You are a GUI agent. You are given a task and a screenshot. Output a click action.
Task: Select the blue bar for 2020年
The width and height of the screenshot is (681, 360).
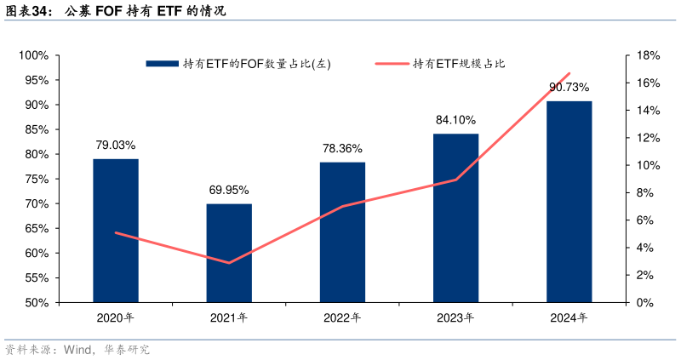tap(116, 230)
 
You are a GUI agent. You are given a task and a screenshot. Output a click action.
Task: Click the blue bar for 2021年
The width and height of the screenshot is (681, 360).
tap(229, 253)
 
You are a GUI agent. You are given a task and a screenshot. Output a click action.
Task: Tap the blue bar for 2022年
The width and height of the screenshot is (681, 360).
tap(342, 231)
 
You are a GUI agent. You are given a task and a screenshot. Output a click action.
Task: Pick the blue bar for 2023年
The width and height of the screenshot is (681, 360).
tap(456, 218)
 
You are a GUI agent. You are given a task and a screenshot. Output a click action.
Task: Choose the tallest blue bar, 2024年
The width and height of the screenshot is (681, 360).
tap(569, 202)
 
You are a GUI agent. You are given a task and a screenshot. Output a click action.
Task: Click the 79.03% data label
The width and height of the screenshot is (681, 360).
tap(116, 146)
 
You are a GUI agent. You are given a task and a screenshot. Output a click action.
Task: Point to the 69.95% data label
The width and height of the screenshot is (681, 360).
tap(229, 190)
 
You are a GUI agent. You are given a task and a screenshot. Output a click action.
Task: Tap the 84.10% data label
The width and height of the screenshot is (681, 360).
tap(456, 120)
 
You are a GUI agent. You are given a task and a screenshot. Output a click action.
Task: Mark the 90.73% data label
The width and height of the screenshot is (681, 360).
tap(569, 87)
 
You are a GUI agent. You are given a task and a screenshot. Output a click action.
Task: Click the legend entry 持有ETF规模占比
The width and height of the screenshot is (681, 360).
tap(459, 63)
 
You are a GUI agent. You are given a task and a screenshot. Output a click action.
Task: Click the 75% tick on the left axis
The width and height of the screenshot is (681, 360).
tap(35, 179)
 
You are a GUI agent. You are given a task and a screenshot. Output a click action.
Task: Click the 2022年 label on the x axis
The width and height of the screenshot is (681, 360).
tap(342, 318)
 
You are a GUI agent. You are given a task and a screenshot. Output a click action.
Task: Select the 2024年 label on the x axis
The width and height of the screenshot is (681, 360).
tap(569, 318)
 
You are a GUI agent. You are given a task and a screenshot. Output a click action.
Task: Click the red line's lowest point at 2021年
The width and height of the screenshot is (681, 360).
tap(229, 263)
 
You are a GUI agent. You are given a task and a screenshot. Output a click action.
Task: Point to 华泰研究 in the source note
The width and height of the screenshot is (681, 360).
tap(128, 350)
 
